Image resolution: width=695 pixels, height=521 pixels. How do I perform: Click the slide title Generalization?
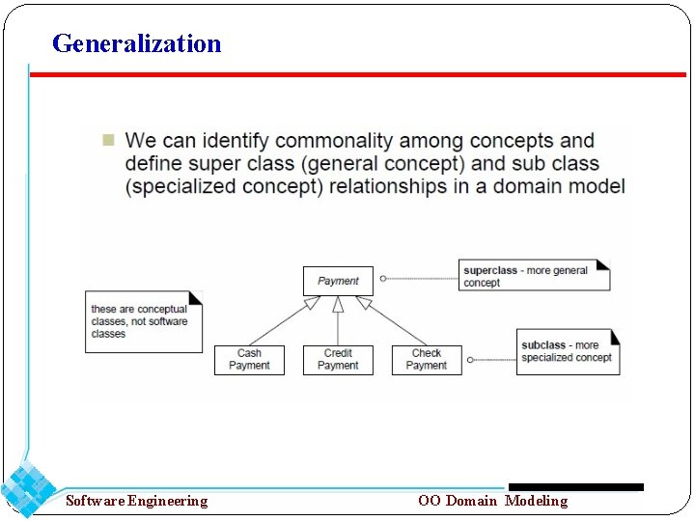pyautogui.click(x=136, y=43)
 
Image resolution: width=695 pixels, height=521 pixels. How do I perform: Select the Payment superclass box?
pyautogui.click(x=338, y=281)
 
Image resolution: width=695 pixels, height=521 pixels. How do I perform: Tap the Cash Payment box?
pyautogui.click(x=249, y=359)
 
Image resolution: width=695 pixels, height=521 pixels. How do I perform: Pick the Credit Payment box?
pyautogui.click(x=338, y=359)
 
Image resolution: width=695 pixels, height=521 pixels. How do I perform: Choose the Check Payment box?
pyautogui.click(x=427, y=359)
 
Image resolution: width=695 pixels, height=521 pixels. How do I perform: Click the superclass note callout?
pyautogui.click(x=534, y=276)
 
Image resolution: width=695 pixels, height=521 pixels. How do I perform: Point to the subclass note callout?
pyautogui.click(x=568, y=351)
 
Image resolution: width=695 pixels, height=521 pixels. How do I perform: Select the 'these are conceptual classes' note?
pyautogui.click(x=143, y=321)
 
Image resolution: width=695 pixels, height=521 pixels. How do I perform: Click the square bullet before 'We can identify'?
pyautogui.click(x=107, y=141)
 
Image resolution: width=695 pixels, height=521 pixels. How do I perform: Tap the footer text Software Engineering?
pyautogui.click(x=136, y=501)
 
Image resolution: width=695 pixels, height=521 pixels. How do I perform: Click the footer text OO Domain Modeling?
pyautogui.click(x=492, y=501)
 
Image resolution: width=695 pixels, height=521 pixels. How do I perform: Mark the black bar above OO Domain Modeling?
pyautogui.click(x=575, y=487)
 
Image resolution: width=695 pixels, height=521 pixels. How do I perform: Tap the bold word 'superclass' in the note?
pyautogui.click(x=490, y=271)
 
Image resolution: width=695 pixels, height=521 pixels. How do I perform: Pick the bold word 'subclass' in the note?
pyautogui.click(x=543, y=345)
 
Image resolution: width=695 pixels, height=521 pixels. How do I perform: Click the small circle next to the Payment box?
pyautogui.click(x=383, y=279)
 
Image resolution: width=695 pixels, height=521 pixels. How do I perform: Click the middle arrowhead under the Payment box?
pyautogui.click(x=338, y=304)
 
